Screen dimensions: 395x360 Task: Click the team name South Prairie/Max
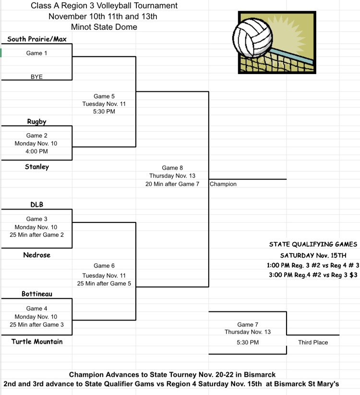(36, 38)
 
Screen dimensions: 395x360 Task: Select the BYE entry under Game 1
(36, 76)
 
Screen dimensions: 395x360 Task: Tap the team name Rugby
(36, 122)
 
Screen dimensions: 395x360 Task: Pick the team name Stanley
(37, 167)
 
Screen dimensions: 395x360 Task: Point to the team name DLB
(36, 205)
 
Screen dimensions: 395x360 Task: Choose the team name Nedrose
(36, 255)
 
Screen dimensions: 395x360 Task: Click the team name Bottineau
(37, 294)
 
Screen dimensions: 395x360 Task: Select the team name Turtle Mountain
(37, 341)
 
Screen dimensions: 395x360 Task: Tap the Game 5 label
(104, 96)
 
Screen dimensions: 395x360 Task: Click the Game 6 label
(104, 266)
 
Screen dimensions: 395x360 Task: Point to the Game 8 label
(172, 168)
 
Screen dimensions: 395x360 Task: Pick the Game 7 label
(248, 325)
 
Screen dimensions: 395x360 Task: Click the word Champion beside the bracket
(223, 184)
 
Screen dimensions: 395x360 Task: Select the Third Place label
(313, 342)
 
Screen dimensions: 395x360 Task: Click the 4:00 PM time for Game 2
(36, 151)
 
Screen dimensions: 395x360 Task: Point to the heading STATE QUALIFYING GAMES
(313, 245)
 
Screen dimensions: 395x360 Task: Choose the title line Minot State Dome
(104, 27)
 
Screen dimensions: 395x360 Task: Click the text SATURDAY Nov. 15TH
(313, 255)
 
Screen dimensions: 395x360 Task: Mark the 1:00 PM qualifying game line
(313, 265)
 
